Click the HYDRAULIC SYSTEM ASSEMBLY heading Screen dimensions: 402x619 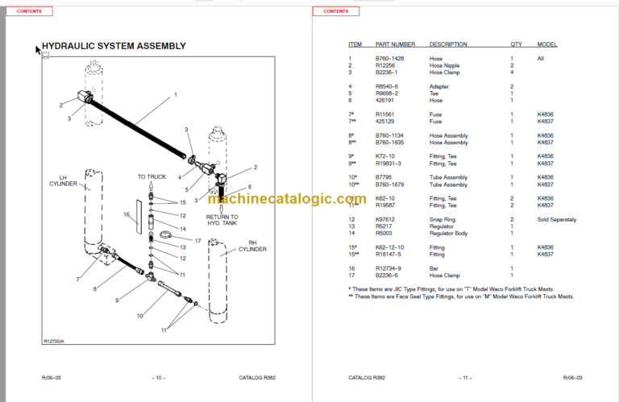tap(114, 46)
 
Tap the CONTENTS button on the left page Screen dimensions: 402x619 tap(29, 11)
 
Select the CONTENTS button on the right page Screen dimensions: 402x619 tap(336, 11)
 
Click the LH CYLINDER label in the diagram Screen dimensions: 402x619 tap(68, 180)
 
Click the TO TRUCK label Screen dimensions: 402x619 tap(152, 176)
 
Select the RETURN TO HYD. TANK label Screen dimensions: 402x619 tap(222, 220)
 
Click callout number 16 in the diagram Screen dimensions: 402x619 tap(127, 214)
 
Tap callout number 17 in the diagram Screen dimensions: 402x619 tap(198, 240)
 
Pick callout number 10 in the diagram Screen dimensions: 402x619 tap(139, 315)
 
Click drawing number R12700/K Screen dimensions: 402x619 tap(56, 342)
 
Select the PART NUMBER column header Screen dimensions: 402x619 tap(395, 44)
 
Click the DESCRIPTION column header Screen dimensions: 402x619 tap(448, 44)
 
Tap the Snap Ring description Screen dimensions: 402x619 tap(442, 219)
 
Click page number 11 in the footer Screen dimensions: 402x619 tap(464, 377)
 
